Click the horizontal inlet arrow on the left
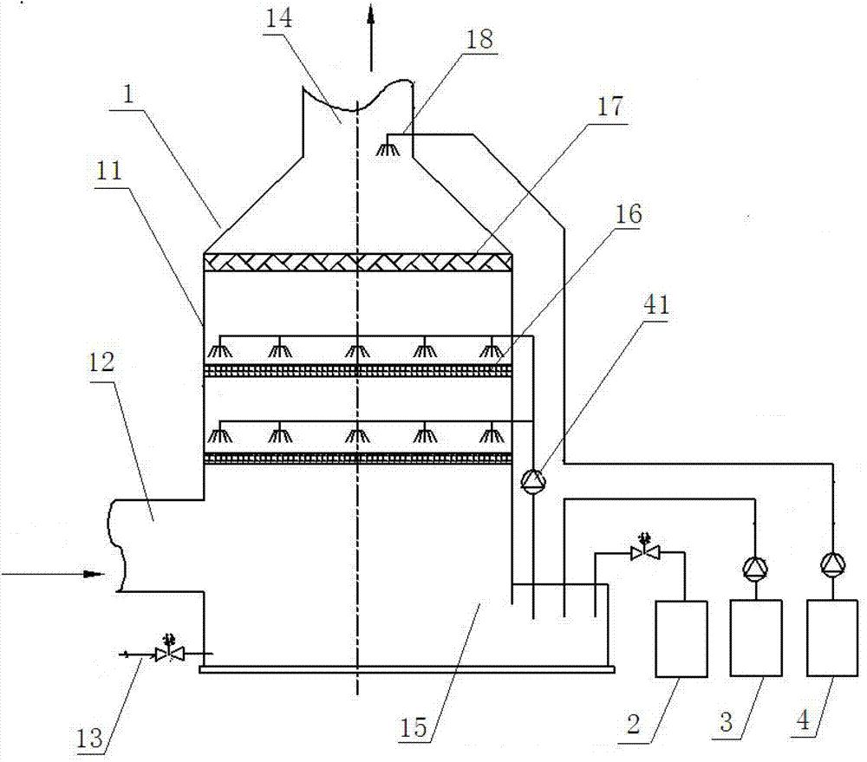click(x=52, y=574)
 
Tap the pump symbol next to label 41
click(x=531, y=479)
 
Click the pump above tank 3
click(x=755, y=567)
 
